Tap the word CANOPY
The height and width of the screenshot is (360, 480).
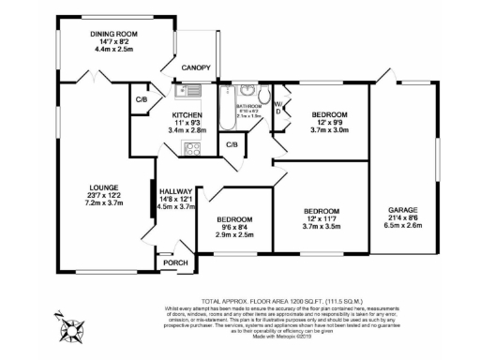[196, 67]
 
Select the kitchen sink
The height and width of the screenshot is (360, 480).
[187, 91]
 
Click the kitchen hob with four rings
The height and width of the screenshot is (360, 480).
[195, 148]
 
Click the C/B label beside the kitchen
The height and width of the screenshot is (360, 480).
[142, 99]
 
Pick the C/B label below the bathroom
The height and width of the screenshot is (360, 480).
[232, 144]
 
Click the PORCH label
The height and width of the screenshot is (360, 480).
[175, 262]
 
